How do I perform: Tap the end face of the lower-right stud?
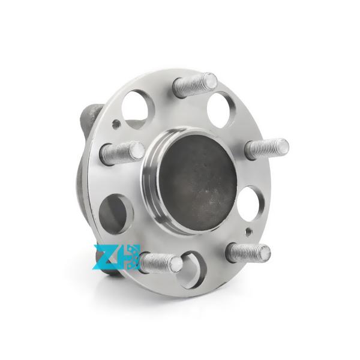click(263, 251)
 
